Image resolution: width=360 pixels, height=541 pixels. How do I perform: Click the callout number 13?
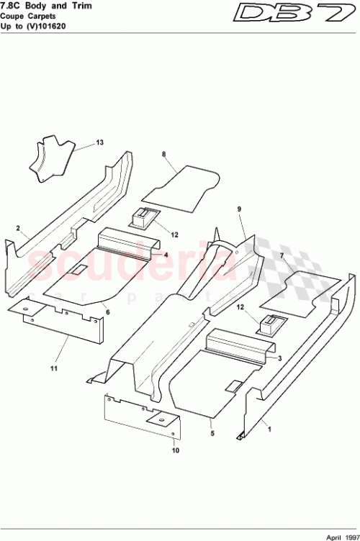point(99,142)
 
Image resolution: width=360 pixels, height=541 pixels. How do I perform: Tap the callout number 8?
point(164,155)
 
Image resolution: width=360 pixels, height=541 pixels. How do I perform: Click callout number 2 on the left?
point(18,228)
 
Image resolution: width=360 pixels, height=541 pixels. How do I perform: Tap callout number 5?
point(212,434)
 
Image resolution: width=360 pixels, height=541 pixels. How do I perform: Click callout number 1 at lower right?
point(270,429)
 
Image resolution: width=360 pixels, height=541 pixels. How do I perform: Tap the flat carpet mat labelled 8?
point(180,188)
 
